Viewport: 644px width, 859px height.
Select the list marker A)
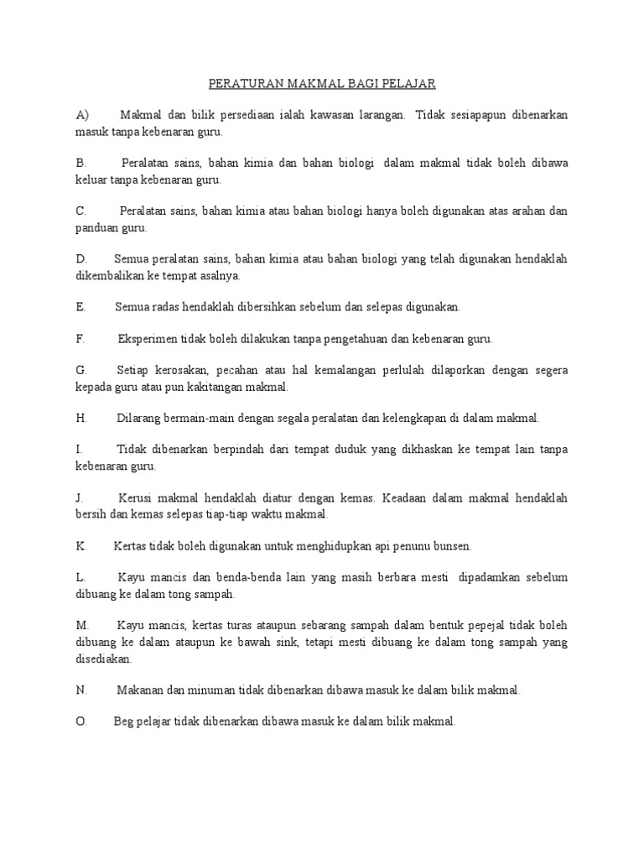(x=82, y=115)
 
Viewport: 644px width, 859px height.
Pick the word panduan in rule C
(x=98, y=227)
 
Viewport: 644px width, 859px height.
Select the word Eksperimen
(x=149, y=339)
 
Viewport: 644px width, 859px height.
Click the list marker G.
(x=80, y=370)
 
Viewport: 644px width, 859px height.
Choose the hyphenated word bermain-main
(x=209, y=418)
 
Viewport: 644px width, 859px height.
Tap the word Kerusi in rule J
(x=137, y=498)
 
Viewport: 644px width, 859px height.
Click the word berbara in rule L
(x=411, y=578)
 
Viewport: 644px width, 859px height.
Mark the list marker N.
(x=81, y=690)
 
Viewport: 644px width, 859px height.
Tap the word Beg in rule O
(x=124, y=722)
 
